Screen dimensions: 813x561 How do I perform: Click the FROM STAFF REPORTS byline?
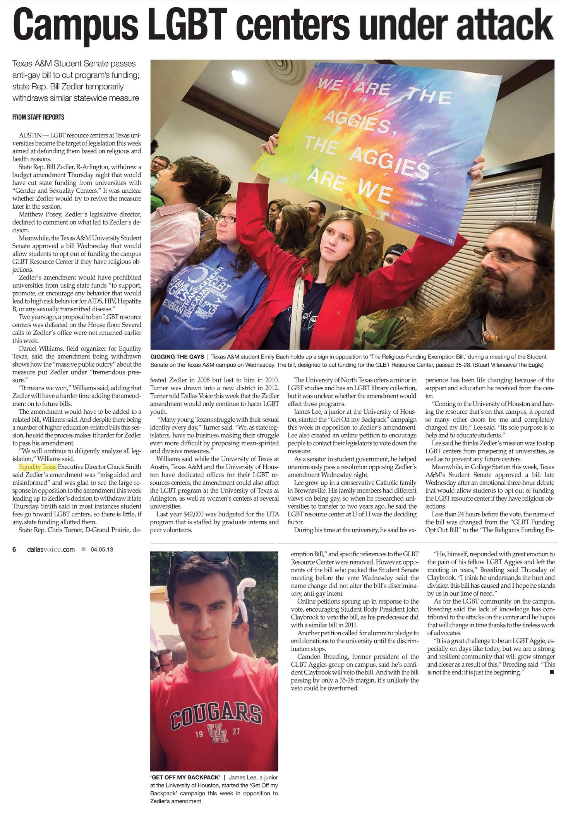(38, 117)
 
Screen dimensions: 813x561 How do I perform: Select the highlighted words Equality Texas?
(38, 467)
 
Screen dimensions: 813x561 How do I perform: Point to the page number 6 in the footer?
(14, 549)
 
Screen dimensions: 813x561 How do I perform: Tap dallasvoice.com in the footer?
(51, 549)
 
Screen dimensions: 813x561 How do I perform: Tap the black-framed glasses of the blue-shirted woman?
(225, 219)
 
